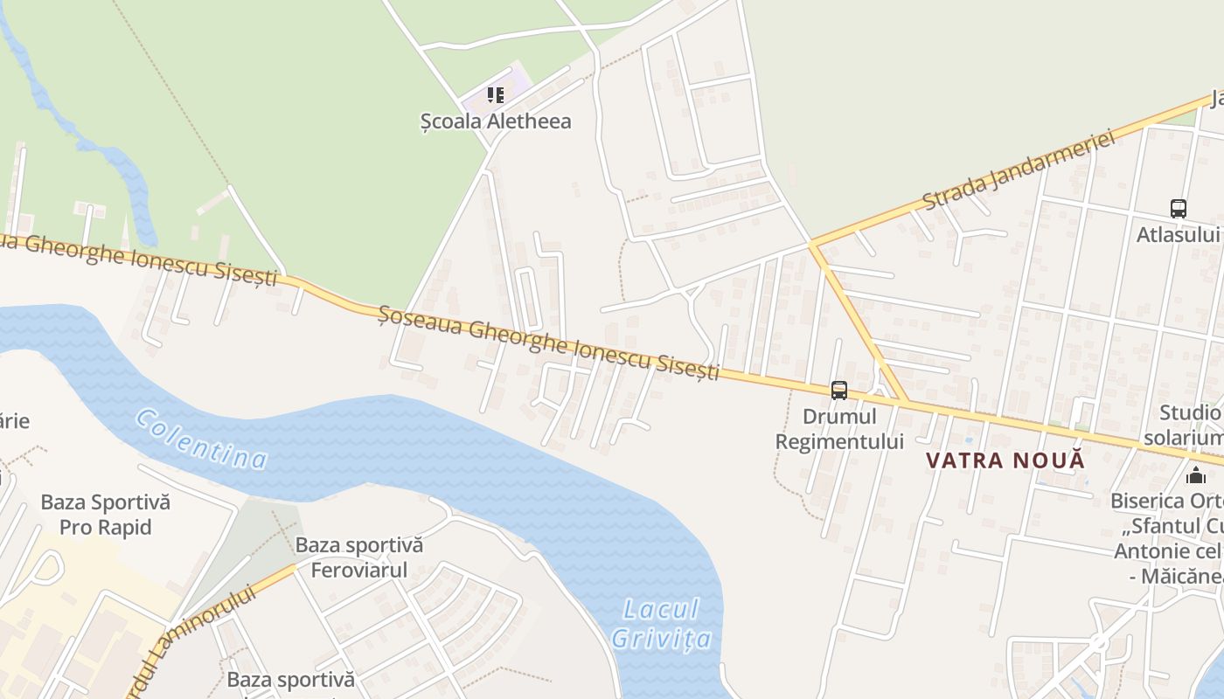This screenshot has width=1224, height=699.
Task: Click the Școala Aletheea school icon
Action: tap(496, 94)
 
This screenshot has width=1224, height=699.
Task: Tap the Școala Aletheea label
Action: tap(496, 121)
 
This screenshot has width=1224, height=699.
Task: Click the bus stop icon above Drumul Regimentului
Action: tap(839, 391)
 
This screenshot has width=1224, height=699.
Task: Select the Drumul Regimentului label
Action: tap(839, 429)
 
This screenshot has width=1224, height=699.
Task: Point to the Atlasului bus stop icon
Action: tap(1179, 209)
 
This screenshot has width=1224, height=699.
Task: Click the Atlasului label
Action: tap(1179, 234)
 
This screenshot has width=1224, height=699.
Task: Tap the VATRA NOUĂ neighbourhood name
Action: tap(1005, 460)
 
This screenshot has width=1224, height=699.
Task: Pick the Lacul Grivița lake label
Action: tap(662, 623)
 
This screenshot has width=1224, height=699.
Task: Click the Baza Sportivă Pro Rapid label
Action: tap(106, 515)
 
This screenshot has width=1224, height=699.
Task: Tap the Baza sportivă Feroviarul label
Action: tap(359, 557)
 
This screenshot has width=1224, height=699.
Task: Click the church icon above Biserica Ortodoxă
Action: tap(1196, 475)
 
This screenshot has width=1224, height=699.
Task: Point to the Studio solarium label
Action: tap(1190, 425)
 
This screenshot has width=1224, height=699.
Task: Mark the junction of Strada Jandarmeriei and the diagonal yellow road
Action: tap(812, 242)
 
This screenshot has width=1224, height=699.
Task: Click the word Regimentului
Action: tap(839, 441)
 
